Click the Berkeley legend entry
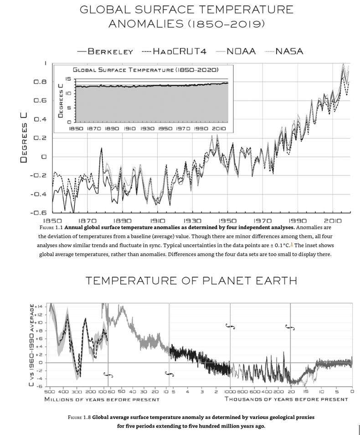(110, 51)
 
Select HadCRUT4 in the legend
(180, 51)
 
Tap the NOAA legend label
(240, 51)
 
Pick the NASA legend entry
(289, 51)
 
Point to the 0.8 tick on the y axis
(40, 82)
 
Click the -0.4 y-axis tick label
(38, 194)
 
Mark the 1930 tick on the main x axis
(193, 220)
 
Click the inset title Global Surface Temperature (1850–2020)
(145, 70)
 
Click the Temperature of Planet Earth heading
(191, 280)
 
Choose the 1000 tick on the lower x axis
(230, 391)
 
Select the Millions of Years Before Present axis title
(102, 399)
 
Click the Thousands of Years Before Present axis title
(286, 399)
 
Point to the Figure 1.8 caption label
(78, 417)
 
